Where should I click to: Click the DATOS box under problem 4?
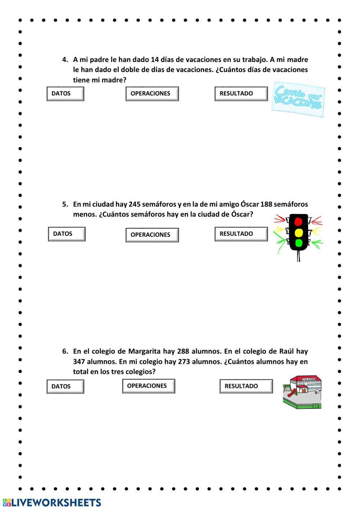click(65, 94)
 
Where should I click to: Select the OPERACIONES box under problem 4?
click(152, 94)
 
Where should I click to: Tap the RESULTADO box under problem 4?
click(241, 94)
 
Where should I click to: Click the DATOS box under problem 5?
click(67, 234)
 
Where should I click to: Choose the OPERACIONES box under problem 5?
click(152, 235)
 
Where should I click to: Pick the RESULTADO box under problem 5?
click(241, 234)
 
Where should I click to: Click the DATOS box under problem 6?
click(65, 387)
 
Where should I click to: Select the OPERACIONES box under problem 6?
click(148, 386)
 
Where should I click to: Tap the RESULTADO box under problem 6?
click(246, 386)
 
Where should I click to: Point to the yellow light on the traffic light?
click(298, 232)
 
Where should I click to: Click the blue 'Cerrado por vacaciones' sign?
click(298, 98)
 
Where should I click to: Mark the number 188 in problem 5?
click(266, 204)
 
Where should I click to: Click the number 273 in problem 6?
click(184, 361)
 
